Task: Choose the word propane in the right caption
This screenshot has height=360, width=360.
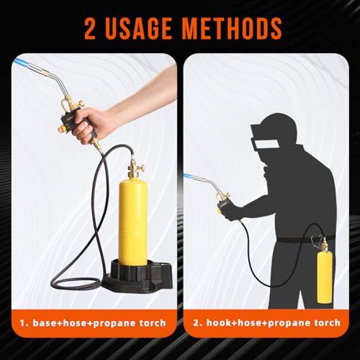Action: pos(286,323)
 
